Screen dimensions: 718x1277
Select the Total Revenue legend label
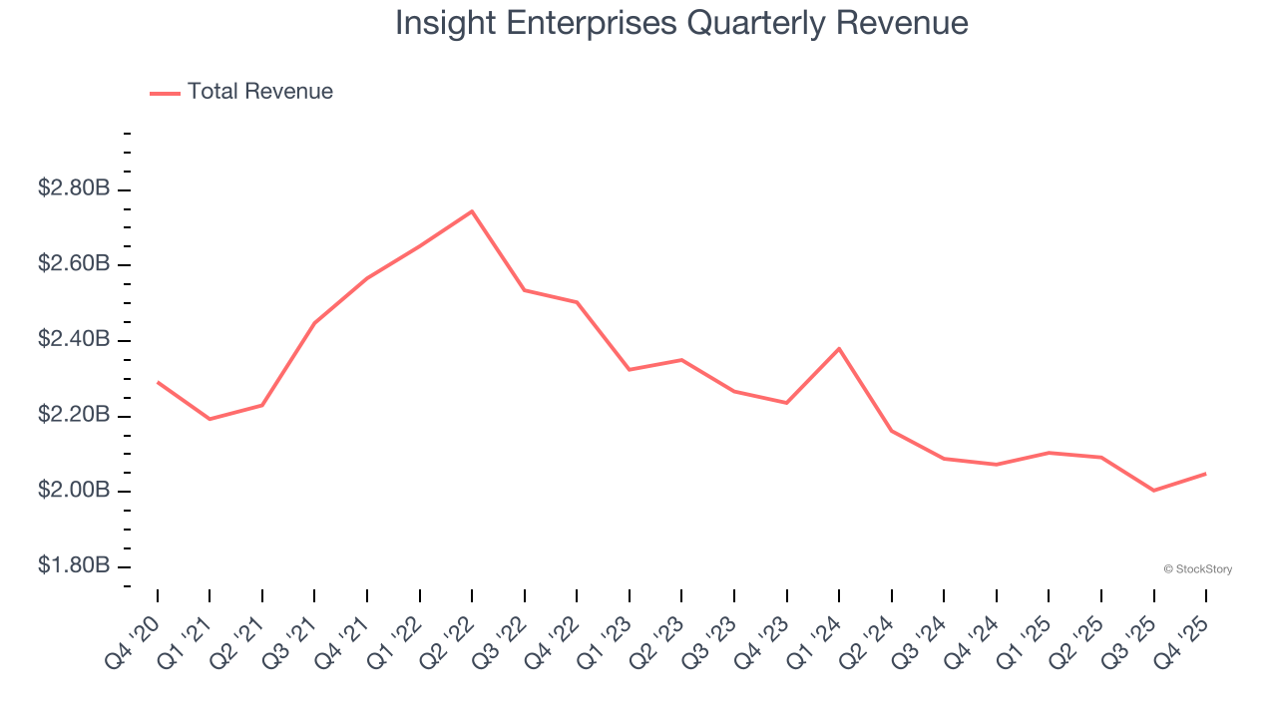pyautogui.click(x=259, y=92)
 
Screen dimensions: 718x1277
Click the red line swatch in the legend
pyautogui.click(x=165, y=93)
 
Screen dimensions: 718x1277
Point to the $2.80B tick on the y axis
pyautogui.click(x=74, y=188)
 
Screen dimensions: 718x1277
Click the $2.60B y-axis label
pyautogui.click(x=74, y=264)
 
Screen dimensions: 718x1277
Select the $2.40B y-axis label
pyautogui.click(x=74, y=340)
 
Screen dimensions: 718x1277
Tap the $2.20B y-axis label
pyautogui.click(x=74, y=415)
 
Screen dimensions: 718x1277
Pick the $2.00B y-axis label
pyautogui.click(x=74, y=491)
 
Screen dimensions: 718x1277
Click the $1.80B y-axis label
pyautogui.click(x=74, y=566)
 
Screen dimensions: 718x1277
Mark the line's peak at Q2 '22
pyautogui.click(x=472, y=211)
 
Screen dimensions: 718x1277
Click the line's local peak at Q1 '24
pyautogui.click(x=839, y=348)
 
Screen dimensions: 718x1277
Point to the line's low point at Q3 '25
pyautogui.click(x=1153, y=491)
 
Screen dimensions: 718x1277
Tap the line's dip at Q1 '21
pyautogui.click(x=210, y=419)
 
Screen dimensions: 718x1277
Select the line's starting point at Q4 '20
pyautogui.click(x=158, y=382)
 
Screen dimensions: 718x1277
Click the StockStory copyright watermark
pyautogui.click(x=1197, y=569)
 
